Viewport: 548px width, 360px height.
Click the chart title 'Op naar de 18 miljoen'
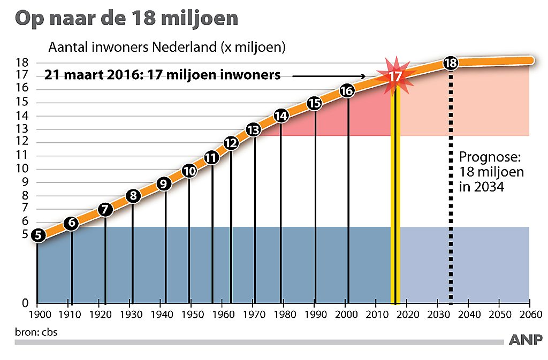pos(126,19)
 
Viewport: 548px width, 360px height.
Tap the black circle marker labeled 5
pos(37,234)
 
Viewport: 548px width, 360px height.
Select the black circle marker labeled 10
pos(189,171)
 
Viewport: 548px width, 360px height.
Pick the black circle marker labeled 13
pos(254,129)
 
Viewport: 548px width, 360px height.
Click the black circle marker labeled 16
pos(347,91)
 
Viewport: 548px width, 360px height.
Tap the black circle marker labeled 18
pos(451,63)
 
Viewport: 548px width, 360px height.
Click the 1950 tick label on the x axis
pos(189,315)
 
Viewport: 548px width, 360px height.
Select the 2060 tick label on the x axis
pos(529,315)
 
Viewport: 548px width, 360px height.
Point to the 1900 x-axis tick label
pos(37,315)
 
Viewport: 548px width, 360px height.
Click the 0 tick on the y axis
pos(25,303)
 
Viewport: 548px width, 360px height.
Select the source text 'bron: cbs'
pos(36,332)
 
